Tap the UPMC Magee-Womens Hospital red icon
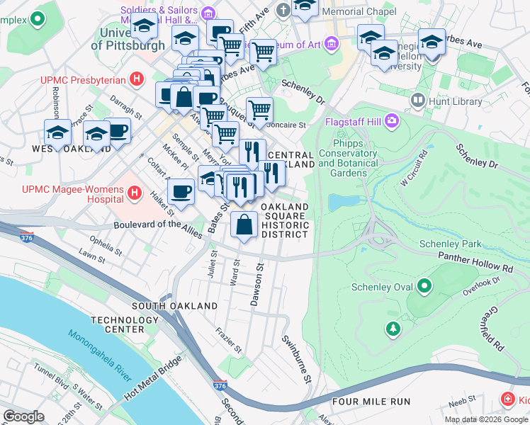(x=134, y=191)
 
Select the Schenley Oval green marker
(x=424, y=287)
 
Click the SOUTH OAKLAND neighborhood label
(x=175, y=306)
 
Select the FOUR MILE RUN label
(x=371, y=402)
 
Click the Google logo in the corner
(x=23, y=416)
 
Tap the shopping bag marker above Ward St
(x=244, y=225)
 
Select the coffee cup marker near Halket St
(x=181, y=191)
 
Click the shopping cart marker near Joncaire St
(x=260, y=110)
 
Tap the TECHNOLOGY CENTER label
(x=125, y=324)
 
